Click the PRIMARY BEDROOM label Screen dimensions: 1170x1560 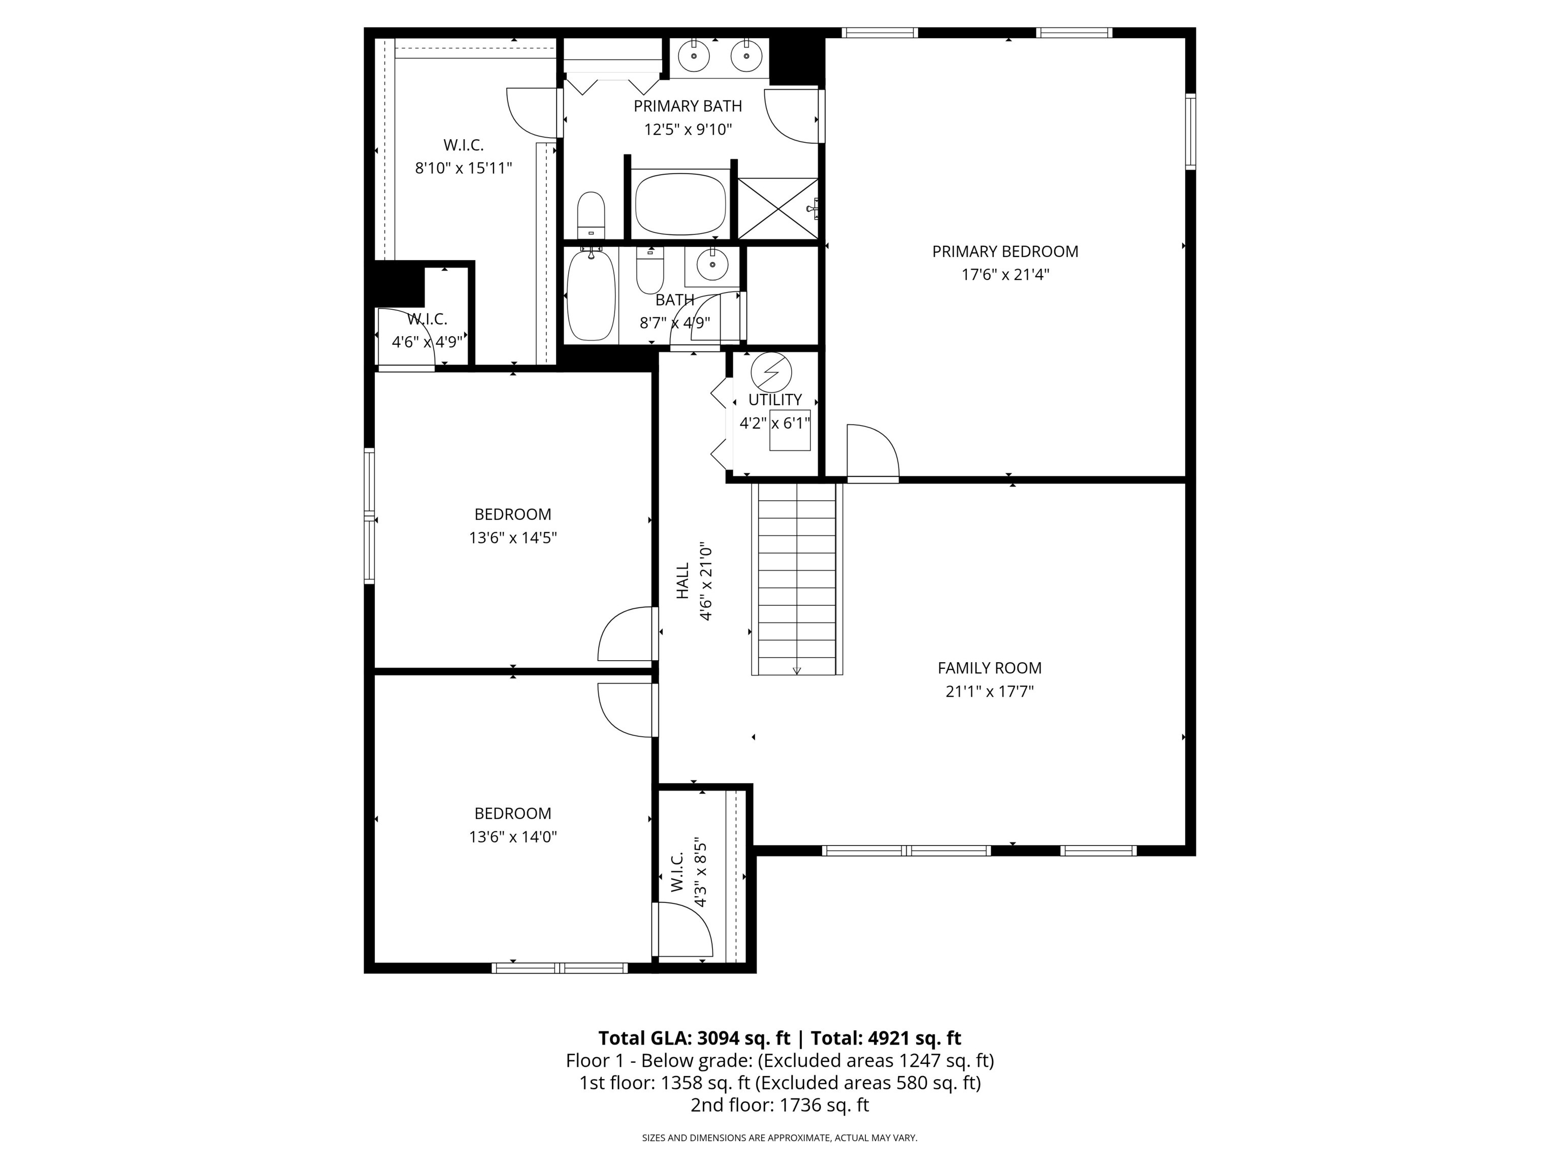(x=1005, y=251)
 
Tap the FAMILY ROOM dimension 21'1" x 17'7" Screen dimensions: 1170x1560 (x=989, y=691)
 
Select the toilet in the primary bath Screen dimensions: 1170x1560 (x=591, y=216)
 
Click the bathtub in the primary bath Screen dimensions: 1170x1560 (x=680, y=203)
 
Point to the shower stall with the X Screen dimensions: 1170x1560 (x=777, y=209)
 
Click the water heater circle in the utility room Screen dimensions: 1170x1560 (x=771, y=372)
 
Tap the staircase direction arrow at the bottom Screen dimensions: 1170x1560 (x=797, y=670)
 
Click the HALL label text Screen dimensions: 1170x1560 (x=682, y=580)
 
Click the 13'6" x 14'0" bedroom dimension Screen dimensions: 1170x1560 (x=513, y=837)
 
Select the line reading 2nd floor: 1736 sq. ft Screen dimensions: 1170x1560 (x=779, y=1105)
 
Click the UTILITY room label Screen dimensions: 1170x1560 (x=775, y=400)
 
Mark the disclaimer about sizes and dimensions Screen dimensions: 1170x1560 (x=779, y=1137)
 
